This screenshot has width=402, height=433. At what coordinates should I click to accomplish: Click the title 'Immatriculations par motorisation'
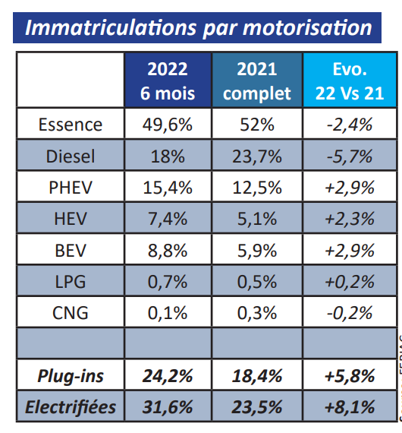tap(199, 27)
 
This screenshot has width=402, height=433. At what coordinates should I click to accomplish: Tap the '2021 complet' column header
tap(258, 81)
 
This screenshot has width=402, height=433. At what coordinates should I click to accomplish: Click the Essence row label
tap(71, 125)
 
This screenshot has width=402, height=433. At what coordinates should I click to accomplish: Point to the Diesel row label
tap(71, 156)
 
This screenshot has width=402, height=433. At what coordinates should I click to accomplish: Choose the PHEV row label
tap(71, 188)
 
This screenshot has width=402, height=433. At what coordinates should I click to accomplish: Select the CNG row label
tap(71, 312)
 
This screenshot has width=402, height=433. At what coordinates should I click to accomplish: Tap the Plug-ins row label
tap(71, 375)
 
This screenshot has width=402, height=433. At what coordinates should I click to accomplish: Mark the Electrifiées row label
tap(71, 406)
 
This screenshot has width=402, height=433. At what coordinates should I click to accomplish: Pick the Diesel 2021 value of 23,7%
tap(258, 156)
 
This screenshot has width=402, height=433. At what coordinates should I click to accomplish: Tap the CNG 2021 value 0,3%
tap(258, 312)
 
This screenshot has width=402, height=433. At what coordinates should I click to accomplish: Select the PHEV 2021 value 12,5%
tap(258, 188)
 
